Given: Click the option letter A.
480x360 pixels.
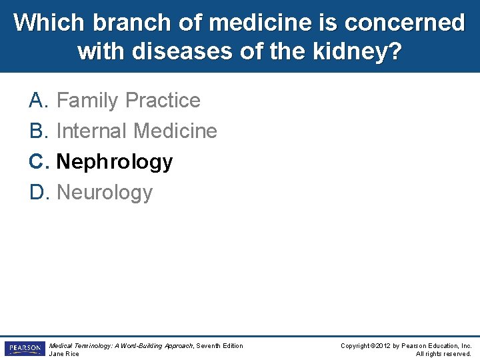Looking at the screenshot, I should [x=37, y=101].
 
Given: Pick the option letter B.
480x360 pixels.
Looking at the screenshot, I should [x=37, y=131].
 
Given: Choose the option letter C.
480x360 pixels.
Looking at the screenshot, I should [x=37, y=162].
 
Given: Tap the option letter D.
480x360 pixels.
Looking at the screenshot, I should [x=37, y=193].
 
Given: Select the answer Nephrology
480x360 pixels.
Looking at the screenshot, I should [x=115, y=162].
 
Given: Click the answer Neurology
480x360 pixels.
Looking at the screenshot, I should [x=105, y=193].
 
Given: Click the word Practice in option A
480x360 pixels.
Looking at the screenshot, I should [x=163, y=101].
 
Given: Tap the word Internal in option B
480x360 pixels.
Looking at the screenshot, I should [x=92, y=131].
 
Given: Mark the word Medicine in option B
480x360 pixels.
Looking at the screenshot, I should [x=175, y=131].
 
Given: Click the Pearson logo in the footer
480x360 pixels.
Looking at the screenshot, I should [x=24, y=349].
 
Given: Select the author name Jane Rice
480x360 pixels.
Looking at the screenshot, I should [x=64, y=354].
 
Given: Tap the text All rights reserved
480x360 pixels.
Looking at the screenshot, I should [x=443, y=354].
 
